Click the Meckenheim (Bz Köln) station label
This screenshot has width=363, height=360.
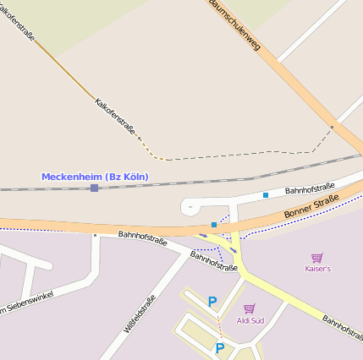pyautogui.click(x=95, y=176)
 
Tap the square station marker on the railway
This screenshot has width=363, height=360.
pyautogui.click(x=94, y=188)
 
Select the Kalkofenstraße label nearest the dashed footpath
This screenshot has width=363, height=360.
pyautogui.click(x=116, y=116)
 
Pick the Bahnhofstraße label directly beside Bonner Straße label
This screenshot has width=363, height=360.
pyautogui.click(x=310, y=188)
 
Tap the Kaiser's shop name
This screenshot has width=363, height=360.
pyautogui.click(x=317, y=268)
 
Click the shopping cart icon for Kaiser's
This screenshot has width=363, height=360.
pyautogui.click(x=317, y=257)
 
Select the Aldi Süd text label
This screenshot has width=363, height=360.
pyautogui.click(x=250, y=321)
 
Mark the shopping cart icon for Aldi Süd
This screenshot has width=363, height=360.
pyautogui.click(x=249, y=309)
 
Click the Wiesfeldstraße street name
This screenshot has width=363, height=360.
pyautogui.click(x=140, y=314)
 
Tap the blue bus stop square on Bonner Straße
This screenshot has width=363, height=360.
pyautogui.click(x=213, y=225)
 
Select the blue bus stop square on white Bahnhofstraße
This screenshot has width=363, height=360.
pyautogui.click(x=266, y=195)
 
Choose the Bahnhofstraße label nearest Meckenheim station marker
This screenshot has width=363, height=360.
pyautogui.click(x=142, y=237)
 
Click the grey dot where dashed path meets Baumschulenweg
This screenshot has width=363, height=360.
pyautogui.click(x=332, y=128)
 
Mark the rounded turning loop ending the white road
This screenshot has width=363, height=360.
pyautogui.click(x=190, y=205)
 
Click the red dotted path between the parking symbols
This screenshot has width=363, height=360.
pyautogui.click(x=219, y=323)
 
